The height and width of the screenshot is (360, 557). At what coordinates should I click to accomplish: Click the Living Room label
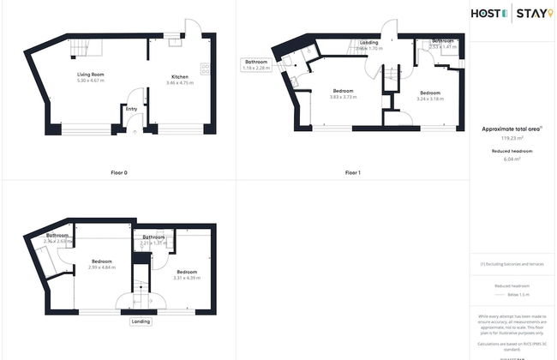[x=90, y=77]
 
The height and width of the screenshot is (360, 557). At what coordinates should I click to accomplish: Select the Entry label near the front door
[x=131, y=109]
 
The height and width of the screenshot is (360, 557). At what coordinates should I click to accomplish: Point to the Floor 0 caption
[x=119, y=173]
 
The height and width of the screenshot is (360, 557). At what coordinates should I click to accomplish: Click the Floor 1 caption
[x=352, y=173]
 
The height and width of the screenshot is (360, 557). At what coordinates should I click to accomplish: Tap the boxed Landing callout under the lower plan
[x=142, y=321]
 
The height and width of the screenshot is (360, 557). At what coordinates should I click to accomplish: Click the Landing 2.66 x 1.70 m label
[x=369, y=45]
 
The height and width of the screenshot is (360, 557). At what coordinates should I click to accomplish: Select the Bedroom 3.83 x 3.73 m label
[x=343, y=94]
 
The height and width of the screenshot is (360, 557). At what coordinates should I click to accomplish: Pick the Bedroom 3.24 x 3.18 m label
[x=429, y=95]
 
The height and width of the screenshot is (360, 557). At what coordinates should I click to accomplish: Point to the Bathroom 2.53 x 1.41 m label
[x=443, y=44]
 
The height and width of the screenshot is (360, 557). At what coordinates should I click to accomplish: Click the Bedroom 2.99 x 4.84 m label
[x=101, y=263]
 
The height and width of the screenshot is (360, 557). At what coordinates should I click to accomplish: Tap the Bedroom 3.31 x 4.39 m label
[x=187, y=274]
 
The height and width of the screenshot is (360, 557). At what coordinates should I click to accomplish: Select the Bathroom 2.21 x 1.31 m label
[x=153, y=240]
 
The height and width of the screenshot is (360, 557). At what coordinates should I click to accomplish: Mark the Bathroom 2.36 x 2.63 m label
[x=57, y=238]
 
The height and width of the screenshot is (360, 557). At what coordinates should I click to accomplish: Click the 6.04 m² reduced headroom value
[x=512, y=159]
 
